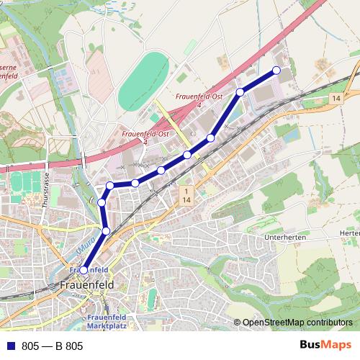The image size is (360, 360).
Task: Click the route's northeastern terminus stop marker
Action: click(276, 70)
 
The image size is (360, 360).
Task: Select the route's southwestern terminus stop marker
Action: click(84, 270)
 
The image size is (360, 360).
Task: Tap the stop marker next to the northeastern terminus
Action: click(240, 91)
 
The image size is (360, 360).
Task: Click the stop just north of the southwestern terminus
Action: click(107, 230)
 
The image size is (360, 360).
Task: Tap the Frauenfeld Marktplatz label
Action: click(106, 322)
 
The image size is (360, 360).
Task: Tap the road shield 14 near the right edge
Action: click(336, 97)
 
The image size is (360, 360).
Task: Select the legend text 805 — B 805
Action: click(53, 346)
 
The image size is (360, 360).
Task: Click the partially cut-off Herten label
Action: click(350, 233)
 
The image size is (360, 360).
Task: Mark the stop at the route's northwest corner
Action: click(110, 186)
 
